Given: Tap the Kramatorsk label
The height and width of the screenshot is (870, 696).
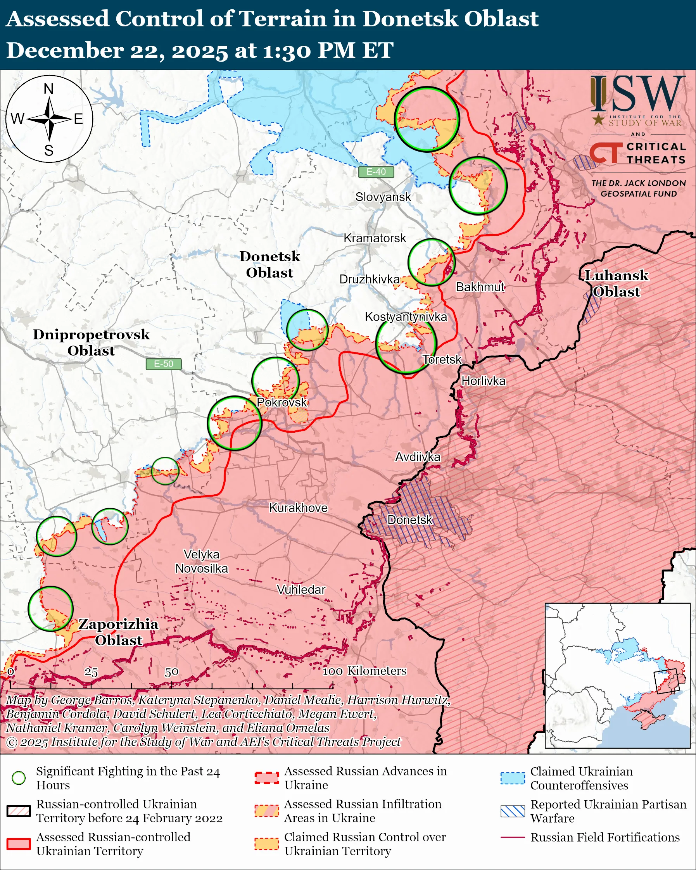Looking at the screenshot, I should tap(375, 238).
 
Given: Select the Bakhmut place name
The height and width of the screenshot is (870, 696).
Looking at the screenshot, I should tap(480, 287).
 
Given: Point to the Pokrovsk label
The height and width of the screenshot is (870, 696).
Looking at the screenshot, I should tap(282, 402).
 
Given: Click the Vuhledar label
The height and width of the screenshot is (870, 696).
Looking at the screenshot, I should tap(301, 590).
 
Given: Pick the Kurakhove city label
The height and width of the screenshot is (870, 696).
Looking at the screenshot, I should tap(298, 507).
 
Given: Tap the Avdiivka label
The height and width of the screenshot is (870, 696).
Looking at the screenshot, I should tap(417, 457).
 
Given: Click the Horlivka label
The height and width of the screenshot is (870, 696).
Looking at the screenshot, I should tap(483, 381).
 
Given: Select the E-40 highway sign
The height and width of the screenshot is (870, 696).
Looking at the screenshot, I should tap(376, 172).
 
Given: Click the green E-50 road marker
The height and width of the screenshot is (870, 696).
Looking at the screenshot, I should tap(163, 364).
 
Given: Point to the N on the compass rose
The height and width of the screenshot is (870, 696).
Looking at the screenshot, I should tap(48, 89).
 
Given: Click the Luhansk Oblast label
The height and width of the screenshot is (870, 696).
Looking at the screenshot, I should tap(616, 284).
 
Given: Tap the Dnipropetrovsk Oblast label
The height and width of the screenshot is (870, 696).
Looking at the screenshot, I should tap(91, 342).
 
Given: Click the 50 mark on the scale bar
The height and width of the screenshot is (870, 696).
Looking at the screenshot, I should tap(171, 672).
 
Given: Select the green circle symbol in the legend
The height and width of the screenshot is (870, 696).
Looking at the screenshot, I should tap(19, 778).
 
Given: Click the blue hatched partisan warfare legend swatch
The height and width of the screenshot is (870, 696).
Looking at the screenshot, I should tap(513, 811).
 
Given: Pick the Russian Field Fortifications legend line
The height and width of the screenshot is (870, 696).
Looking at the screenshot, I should tap(513, 837).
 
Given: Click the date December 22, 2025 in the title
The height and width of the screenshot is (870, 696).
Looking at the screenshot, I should tap(117, 50).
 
